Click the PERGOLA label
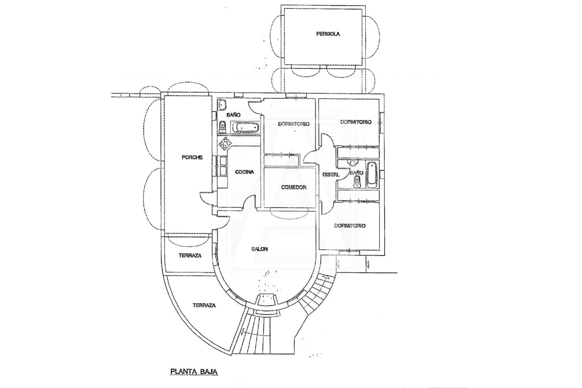tap(328, 34)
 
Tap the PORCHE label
tap(192, 157)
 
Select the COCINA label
tap(244, 172)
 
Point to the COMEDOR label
tap(294, 187)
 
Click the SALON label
tap(259, 249)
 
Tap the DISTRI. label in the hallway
tap(331, 175)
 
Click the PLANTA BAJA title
tap(194, 372)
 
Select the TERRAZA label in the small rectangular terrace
tap(190, 256)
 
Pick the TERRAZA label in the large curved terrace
tap(204, 305)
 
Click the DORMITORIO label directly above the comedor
tap(294, 124)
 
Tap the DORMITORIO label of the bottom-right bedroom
tap(350, 226)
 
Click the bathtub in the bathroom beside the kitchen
tap(245, 128)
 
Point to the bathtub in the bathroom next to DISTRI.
tap(372, 175)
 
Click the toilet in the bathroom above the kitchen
tap(222, 127)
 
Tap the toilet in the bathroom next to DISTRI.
tap(357, 181)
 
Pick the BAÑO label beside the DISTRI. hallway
tap(356, 173)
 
